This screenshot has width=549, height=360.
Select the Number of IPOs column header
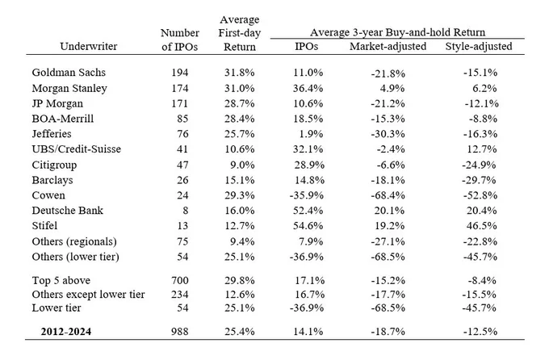[x=180, y=40]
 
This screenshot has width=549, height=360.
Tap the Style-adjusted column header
[x=479, y=47]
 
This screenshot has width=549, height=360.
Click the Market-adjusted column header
[x=388, y=47]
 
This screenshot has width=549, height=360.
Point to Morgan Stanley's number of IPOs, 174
[x=180, y=88]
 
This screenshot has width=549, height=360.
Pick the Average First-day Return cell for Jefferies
[x=240, y=134]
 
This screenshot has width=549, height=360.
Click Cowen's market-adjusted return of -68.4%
[x=388, y=195]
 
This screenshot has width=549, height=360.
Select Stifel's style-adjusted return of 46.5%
[x=481, y=226]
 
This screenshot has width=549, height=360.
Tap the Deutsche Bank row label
[x=68, y=211]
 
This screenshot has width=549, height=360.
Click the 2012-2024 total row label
[x=66, y=331]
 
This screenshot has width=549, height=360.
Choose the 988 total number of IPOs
[x=180, y=331]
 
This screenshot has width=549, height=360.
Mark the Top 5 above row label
[x=61, y=281]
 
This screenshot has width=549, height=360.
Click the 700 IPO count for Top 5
[x=180, y=281]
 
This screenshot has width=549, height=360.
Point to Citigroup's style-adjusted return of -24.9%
[x=480, y=165]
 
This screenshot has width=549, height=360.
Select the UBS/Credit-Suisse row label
[x=77, y=149]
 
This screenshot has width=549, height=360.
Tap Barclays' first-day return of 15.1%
[x=240, y=180]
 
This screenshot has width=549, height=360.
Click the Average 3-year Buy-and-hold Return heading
[x=398, y=32]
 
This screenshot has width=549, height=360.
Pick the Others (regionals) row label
[x=74, y=241]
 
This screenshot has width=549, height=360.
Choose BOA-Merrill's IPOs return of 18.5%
[x=308, y=119]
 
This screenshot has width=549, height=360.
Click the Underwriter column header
[x=89, y=47]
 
